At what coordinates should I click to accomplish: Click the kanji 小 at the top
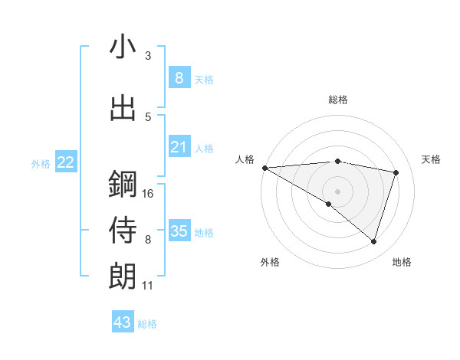point(123,47)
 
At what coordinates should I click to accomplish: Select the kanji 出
point(123,108)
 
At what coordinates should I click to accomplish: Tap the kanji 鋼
point(123,185)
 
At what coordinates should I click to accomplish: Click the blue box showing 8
point(179,77)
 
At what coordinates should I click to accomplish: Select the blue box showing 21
point(179,147)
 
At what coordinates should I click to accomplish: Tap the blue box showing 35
point(179,231)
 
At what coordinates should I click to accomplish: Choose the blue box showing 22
point(66,162)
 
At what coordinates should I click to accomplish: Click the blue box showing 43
point(122,322)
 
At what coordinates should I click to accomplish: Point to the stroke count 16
point(148,194)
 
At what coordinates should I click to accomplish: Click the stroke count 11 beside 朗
point(148,286)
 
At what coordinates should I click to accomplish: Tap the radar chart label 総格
point(338,100)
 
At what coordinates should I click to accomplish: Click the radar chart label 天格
point(431,159)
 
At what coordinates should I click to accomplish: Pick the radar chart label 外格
point(270,262)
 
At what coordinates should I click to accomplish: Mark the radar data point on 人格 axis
point(264,168)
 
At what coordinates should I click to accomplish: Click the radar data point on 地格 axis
point(373,242)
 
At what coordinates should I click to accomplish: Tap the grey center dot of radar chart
point(337,190)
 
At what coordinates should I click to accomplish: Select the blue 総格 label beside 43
point(147,324)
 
